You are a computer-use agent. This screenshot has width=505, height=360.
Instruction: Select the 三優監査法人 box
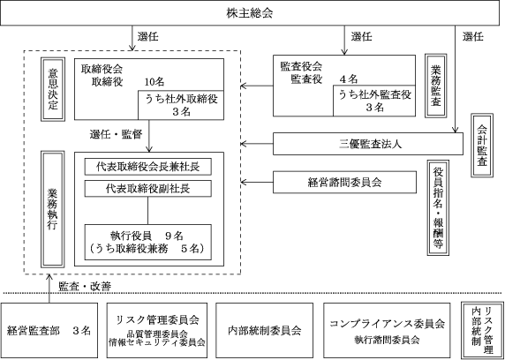point(368,144)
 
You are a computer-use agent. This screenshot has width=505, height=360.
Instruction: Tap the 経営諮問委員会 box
point(344,183)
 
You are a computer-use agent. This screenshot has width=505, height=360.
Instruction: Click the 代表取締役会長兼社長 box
point(147,167)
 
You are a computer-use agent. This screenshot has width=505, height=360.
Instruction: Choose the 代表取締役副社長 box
point(147,188)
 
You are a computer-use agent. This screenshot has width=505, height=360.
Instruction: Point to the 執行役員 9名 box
point(147,242)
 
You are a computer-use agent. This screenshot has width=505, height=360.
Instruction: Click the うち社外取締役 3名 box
point(181,105)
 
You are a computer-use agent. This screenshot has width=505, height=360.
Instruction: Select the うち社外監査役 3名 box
point(374,101)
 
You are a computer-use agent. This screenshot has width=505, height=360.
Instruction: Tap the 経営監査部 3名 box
point(49,330)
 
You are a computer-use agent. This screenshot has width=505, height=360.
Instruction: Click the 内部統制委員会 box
point(264,330)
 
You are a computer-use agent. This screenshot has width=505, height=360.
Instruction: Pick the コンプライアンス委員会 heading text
point(387,324)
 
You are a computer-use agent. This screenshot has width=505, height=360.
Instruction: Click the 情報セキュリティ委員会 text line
point(157,342)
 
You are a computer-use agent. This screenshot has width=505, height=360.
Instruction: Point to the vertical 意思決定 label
point(53,89)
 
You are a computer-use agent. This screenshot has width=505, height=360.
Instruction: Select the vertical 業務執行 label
point(53,209)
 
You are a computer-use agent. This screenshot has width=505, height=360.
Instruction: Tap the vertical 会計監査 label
point(482,145)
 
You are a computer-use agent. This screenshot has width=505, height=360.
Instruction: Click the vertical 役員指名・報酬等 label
point(438,207)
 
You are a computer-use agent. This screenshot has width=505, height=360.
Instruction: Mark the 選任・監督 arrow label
point(116,135)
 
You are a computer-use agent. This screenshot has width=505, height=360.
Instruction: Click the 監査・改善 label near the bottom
point(85,287)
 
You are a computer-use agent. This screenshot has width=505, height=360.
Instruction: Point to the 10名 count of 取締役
point(155,82)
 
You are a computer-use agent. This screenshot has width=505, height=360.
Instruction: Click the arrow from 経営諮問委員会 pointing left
point(257,183)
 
